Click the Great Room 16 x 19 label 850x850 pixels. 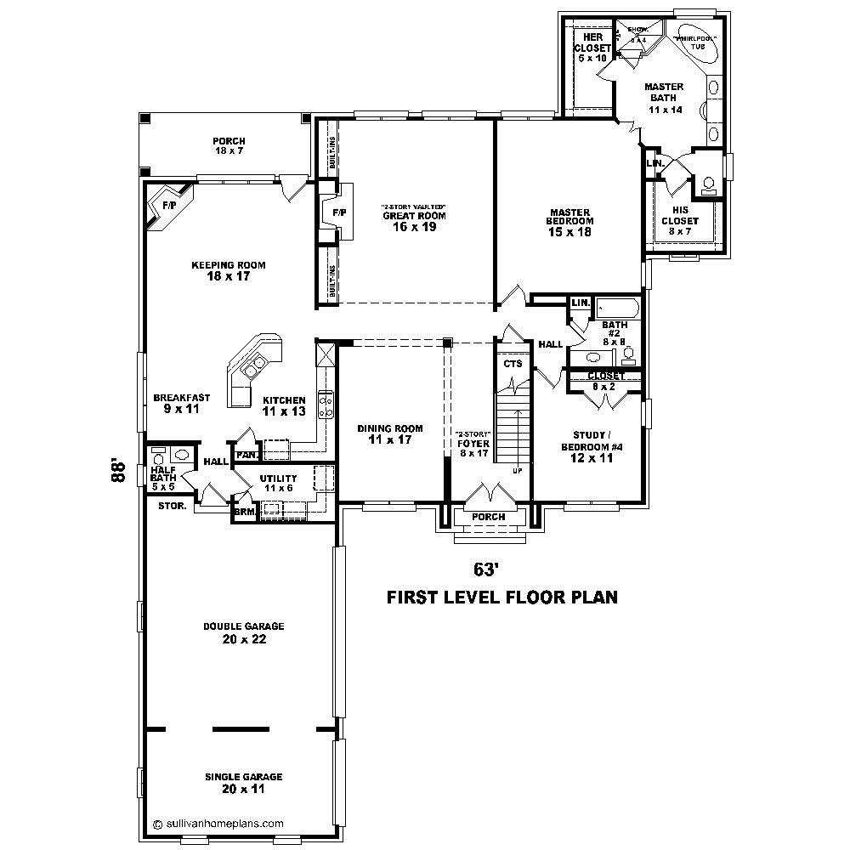pos(413,221)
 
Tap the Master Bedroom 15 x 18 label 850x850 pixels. pos(569,222)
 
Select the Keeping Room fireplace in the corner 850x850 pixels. pos(170,207)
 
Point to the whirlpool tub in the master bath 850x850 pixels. pos(696,50)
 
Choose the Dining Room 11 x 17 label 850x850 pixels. pos(390,433)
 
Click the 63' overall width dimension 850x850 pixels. pos(485,568)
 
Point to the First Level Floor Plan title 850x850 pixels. pos(501,598)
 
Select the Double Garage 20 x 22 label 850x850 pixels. pos(243,632)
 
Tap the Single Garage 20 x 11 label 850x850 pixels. pos(243,782)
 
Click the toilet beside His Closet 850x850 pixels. pos(707,183)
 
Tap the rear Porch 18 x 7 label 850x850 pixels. pos(229,146)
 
